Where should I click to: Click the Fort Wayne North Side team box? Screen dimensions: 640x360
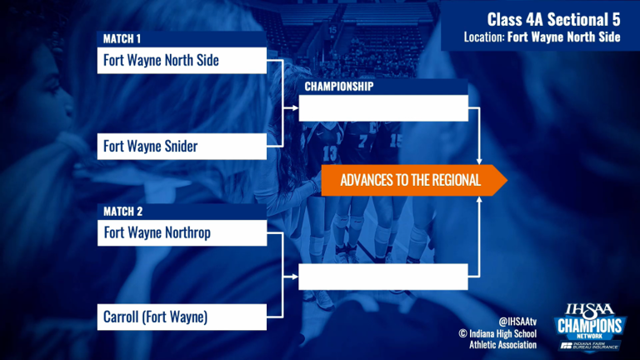tap(182, 60)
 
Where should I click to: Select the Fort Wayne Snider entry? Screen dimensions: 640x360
tap(182, 146)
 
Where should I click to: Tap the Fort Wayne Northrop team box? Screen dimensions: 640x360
tap(182, 233)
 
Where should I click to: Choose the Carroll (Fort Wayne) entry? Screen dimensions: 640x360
tap(182, 317)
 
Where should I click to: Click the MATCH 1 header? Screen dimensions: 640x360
tap(182, 39)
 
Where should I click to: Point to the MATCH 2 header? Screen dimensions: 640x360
tap(182, 212)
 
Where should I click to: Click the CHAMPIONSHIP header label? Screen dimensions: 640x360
tap(339, 87)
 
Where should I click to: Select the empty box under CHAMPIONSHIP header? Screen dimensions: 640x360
tap(383, 108)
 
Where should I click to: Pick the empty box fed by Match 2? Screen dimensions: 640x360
tap(382, 277)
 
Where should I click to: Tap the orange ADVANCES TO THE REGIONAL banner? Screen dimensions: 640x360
tap(414, 180)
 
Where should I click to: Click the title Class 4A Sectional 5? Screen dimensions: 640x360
tap(553, 19)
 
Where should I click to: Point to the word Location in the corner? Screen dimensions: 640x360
tap(484, 37)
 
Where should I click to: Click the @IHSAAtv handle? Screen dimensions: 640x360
tap(517, 322)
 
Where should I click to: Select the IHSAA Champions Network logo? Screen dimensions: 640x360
tap(590, 327)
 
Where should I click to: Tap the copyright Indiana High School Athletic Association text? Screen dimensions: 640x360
tap(497, 339)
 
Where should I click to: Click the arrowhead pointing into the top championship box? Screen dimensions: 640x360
tap(296, 108)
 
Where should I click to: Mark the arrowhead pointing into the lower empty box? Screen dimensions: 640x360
tap(296, 277)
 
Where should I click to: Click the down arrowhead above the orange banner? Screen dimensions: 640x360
tap(479, 162)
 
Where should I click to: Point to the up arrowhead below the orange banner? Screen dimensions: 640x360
tap(479, 199)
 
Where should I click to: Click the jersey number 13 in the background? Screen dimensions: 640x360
tap(330, 153)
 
